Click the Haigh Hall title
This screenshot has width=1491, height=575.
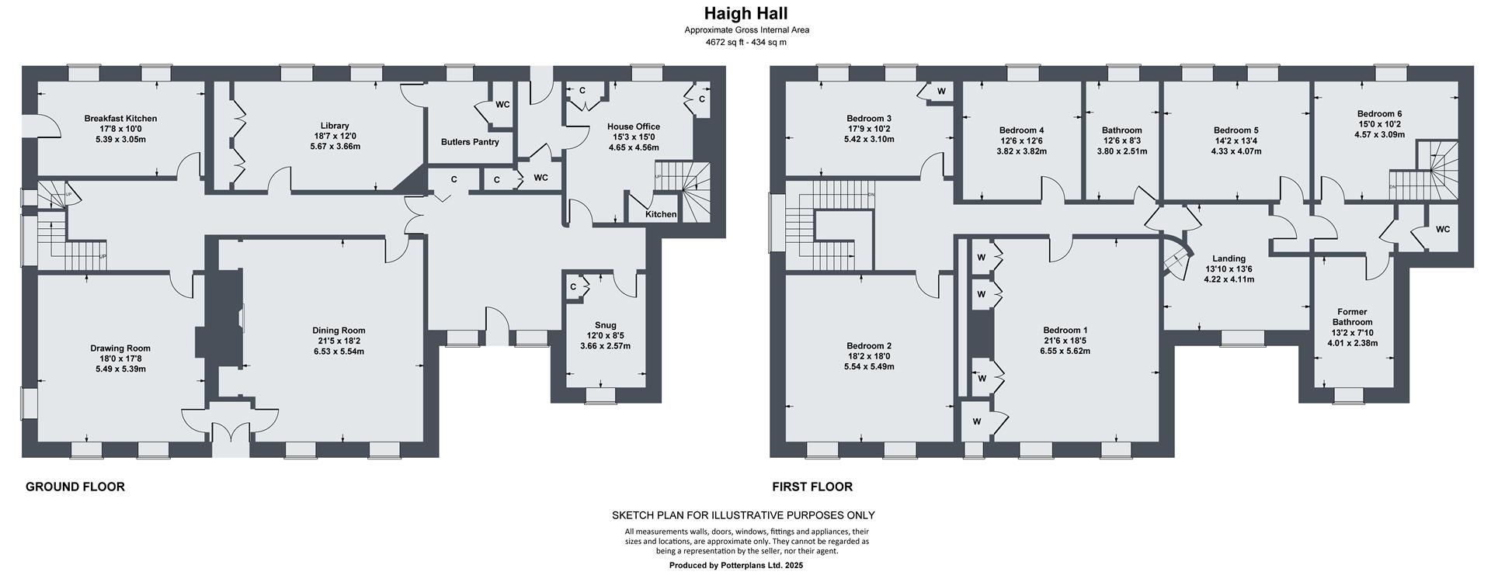(x=745, y=13)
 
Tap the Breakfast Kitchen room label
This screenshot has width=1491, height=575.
(x=120, y=119)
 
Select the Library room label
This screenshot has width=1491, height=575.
(x=335, y=126)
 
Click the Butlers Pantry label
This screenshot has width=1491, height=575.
(x=470, y=142)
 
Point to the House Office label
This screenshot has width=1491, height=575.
(x=634, y=126)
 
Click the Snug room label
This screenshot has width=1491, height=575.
(x=605, y=325)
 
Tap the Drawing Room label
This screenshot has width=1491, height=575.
(x=120, y=348)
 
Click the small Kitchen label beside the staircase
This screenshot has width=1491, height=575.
(x=661, y=214)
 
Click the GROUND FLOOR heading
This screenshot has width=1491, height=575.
(x=75, y=487)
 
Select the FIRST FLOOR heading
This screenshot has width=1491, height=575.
(x=812, y=487)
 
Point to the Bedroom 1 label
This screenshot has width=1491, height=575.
(x=1065, y=330)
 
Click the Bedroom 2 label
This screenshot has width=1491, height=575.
(x=868, y=345)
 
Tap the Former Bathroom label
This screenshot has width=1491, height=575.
(x=1353, y=317)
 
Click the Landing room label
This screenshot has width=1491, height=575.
(x=1229, y=258)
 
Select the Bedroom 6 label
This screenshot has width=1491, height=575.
(x=1379, y=113)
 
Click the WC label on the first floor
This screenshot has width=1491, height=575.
(x=1442, y=229)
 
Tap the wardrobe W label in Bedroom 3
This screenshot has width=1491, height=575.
(x=940, y=92)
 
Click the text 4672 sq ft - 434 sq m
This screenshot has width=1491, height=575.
(x=745, y=42)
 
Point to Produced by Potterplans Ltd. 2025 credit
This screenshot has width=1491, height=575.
(x=735, y=566)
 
